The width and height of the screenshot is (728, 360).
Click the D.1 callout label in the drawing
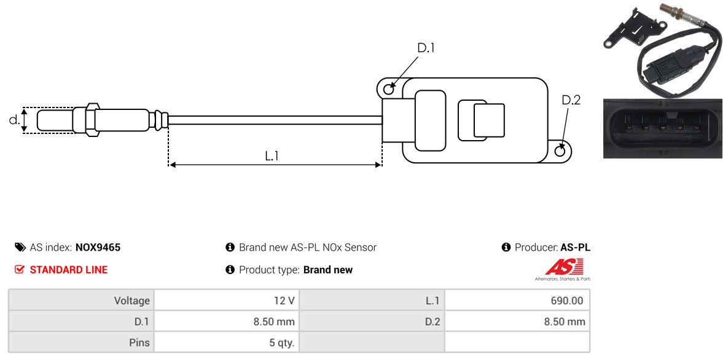click(426, 48)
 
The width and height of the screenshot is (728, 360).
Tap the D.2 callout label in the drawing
click(571, 100)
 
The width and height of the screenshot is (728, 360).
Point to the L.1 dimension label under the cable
click(272, 156)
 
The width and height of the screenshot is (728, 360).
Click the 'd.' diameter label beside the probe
click(14, 120)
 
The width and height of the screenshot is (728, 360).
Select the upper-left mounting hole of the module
click(388, 90)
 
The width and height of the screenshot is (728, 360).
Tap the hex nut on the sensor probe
click(91, 119)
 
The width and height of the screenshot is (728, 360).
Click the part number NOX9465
click(98, 248)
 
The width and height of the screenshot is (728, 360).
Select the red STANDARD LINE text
click(68, 270)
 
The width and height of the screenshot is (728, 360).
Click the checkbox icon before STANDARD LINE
click(19, 270)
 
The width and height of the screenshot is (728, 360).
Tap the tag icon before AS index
click(20, 248)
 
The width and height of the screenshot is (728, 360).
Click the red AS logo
click(563, 267)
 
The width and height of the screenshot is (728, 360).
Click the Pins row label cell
click(81, 342)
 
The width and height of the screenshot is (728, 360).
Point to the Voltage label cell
click(81, 301)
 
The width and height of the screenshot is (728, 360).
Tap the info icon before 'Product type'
click(230, 270)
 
